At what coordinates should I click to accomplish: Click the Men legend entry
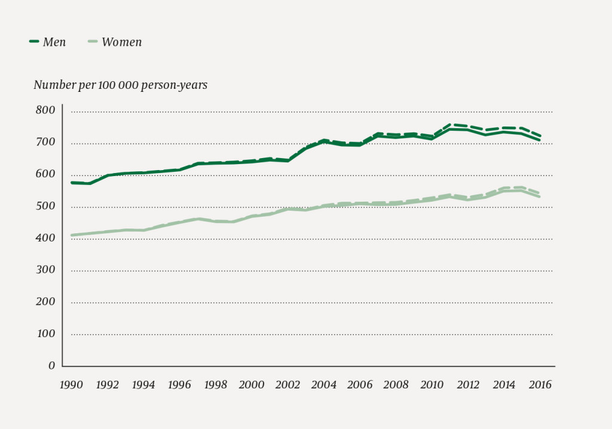(x=54, y=42)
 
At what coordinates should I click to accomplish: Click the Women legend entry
(x=122, y=42)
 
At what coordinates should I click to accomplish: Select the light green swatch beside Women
(x=92, y=42)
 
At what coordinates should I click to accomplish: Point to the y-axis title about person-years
(x=120, y=85)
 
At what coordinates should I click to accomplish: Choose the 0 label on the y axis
(x=51, y=365)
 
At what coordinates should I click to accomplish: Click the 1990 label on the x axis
(x=71, y=385)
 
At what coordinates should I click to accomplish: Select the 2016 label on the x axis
(x=540, y=385)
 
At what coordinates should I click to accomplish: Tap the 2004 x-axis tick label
(x=323, y=385)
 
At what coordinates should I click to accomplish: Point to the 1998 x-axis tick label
(x=215, y=385)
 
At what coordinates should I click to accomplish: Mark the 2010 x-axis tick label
(x=432, y=385)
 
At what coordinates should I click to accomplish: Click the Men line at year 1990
(x=72, y=183)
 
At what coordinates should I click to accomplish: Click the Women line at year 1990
(x=72, y=235)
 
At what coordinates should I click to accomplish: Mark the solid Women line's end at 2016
(x=540, y=197)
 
